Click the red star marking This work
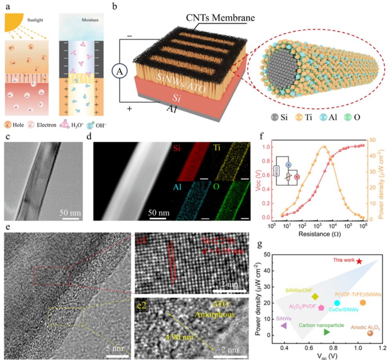click(359, 261)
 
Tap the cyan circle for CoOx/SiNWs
click(337, 303)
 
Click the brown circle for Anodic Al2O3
click(370, 333)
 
